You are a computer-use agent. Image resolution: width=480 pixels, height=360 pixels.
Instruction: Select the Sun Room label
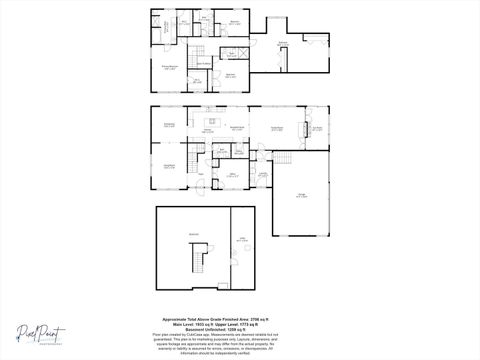coord(316,128)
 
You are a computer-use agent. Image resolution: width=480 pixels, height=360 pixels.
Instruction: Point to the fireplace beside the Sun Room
coord(304,129)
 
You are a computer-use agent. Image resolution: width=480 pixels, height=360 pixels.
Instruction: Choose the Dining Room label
coord(169,124)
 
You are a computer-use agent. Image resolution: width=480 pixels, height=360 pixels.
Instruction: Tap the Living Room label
coord(169,165)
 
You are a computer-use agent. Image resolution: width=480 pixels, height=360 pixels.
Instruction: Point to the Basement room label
coord(181,234)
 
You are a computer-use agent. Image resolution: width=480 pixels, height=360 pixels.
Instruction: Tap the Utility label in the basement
coord(242,237)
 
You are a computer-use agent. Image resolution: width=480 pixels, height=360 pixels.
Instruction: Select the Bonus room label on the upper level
coord(283,42)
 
